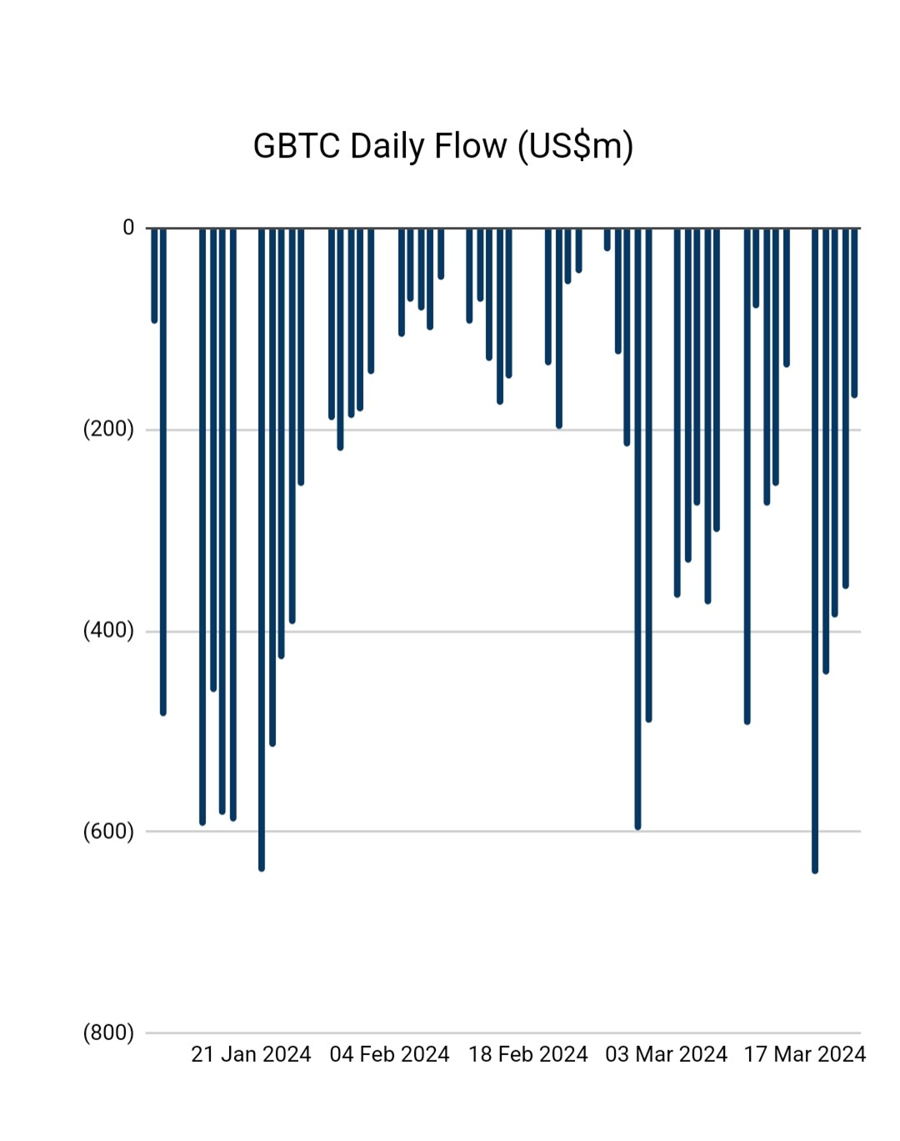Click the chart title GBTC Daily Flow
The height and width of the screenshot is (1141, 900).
pos(442,146)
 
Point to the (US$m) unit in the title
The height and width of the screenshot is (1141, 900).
pos(575,146)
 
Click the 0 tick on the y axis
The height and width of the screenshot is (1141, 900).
pos(128,227)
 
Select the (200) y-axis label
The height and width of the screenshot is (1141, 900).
pos(108,429)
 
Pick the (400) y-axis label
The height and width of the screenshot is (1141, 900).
pos(108,630)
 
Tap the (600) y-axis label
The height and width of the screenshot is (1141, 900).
pos(108,832)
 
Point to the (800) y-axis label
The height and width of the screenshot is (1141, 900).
pos(108,1033)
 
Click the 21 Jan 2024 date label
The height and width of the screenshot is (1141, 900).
pos(251,1054)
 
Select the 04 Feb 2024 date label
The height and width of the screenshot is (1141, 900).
pos(389,1054)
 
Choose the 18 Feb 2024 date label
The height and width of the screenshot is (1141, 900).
pos(528,1054)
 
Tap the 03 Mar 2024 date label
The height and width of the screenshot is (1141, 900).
pos(667,1054)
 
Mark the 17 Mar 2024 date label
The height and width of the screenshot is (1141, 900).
pos(805,1054)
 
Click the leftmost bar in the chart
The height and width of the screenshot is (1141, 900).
pos(154,275)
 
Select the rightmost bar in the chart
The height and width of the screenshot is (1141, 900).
pos(854,313)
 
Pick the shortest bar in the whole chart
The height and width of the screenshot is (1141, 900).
pos(607,239)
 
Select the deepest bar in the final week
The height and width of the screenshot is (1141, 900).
pos(815,550)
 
